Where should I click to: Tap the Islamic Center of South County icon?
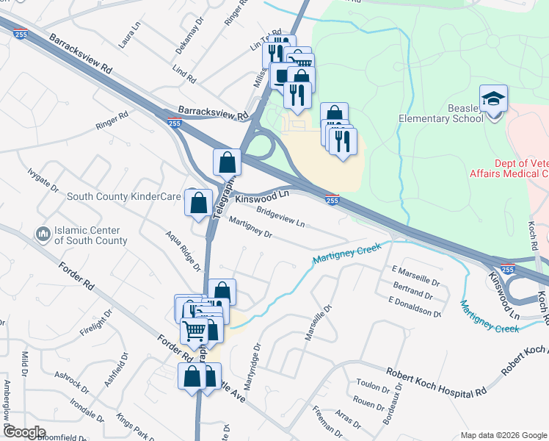(43, 234)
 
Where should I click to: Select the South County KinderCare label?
(124, 197)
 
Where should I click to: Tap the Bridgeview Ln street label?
(280, 216)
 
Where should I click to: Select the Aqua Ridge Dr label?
(183, 251)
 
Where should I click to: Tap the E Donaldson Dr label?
(415, 307)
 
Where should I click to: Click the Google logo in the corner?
(23, 431)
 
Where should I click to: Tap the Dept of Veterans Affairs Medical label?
(509, 168)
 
